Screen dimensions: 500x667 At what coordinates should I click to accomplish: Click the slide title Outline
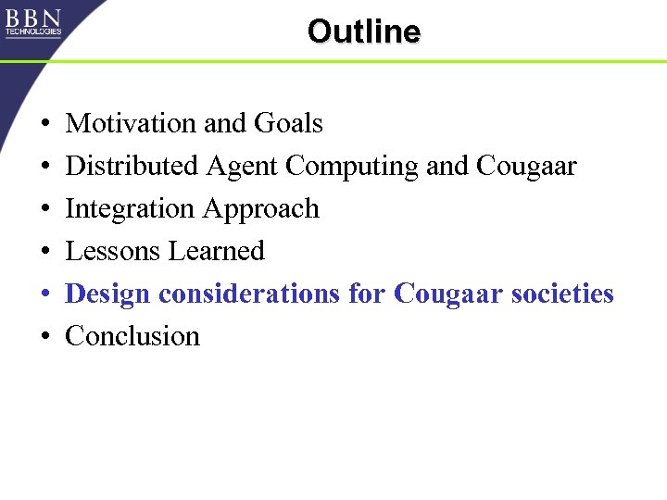click(363, 31)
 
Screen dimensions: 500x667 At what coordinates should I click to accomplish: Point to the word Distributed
click(132, 166)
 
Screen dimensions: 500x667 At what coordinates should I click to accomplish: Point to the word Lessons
click(111, 251)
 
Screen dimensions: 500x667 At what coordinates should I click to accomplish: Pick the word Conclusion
click(132, 335)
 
